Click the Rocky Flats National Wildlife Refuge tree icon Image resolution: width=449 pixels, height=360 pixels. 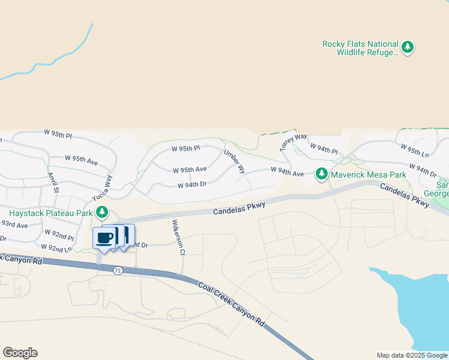pyautogui.click(x=408, y=47)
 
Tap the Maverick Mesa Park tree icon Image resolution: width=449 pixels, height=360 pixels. pyautogui.click(x=322, y=174)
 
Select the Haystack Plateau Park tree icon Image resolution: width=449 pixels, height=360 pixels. pyautogui.click(x=102, y=212)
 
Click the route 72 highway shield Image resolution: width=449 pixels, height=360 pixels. pyautogui.click(x=117, y=271)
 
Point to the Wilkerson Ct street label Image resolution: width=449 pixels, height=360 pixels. pyautogui.click(x=177, y=238)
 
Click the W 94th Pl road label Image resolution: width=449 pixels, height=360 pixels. pyautogui.click(x=323, y=148)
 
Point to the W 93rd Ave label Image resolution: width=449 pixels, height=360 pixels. pyautogui.click(x=14, y=225)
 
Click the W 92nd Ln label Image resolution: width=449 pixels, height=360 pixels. pyautogui.click(x=56, y=247)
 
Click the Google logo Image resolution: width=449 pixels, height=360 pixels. pyautogui.click(x=20, y=353)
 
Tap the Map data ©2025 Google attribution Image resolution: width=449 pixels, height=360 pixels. pyautogui.click(x=411, y=355)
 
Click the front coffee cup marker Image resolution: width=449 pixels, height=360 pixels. pyautogui.click(x=105, y=238)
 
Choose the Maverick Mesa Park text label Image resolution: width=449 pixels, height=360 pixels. pyautogui.click(x=369, y=175)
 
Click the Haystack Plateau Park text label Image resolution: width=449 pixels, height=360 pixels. pyautogui.click(x=51, y=212)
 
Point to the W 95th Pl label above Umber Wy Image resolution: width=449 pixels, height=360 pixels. pyautogui.click(x=185, y=148)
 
